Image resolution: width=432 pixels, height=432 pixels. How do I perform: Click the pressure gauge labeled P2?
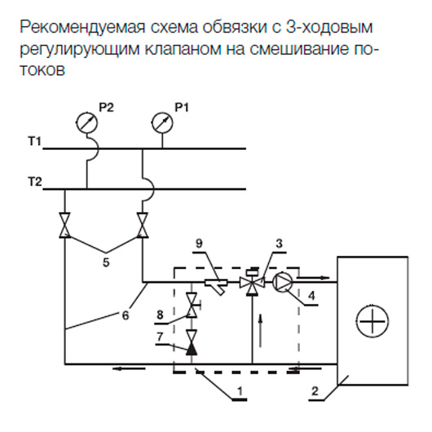86,122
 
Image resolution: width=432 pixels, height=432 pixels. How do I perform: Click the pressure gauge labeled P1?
162,122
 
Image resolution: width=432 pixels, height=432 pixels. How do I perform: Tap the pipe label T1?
35,141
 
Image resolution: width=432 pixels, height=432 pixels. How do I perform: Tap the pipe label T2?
35,182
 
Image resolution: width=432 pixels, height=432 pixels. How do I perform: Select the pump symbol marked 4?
282,282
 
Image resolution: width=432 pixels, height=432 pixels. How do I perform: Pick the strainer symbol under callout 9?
217,285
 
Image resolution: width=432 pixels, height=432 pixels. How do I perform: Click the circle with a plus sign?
372,321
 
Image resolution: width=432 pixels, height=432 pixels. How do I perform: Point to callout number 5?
106,262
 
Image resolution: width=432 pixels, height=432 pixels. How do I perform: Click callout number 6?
126,315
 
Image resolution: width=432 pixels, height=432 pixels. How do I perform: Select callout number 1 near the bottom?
240,390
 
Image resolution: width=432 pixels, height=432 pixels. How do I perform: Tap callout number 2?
315,391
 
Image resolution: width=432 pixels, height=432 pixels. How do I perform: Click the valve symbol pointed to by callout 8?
192,306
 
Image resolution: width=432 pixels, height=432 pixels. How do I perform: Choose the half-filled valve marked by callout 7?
192,342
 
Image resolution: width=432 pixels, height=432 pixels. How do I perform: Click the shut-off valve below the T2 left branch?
64,225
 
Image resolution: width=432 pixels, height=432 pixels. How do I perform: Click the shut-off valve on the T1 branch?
143,225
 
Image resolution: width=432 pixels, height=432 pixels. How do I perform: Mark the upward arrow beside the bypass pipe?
260,330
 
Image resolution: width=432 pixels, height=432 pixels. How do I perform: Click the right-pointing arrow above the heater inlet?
313,277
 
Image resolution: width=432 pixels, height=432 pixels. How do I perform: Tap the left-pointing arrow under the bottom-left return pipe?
129,368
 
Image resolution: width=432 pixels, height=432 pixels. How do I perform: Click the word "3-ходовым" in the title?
329,27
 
